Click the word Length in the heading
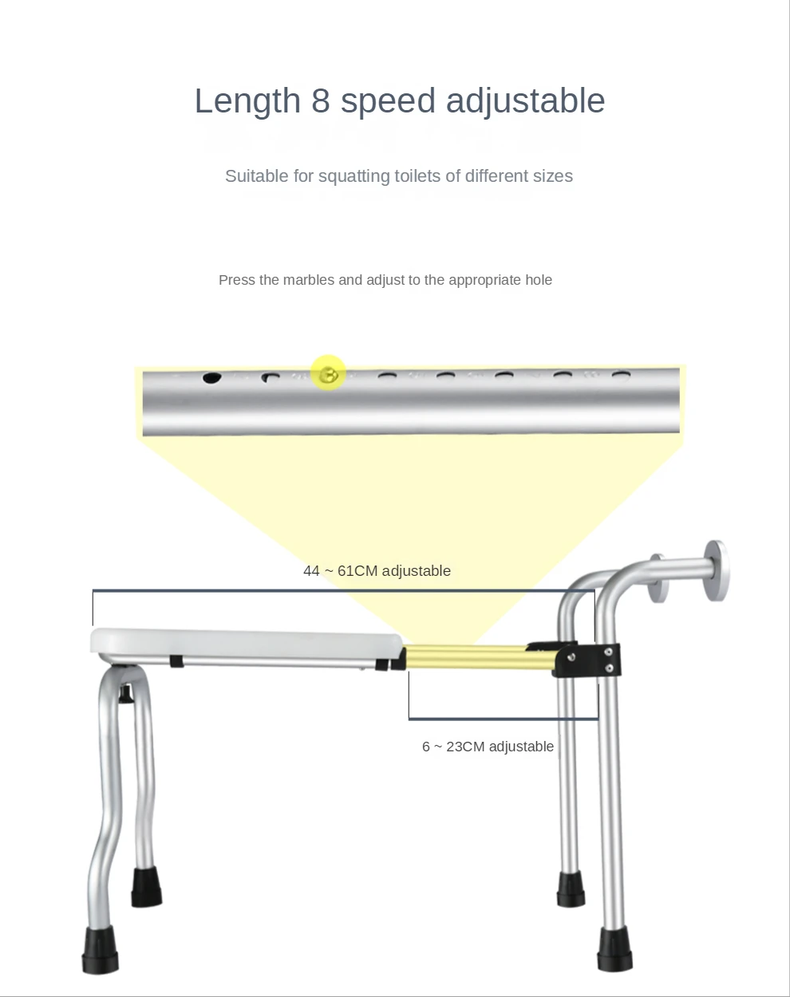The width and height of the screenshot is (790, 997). click(x=247, y=102)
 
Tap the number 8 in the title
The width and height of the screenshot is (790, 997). click(x=320, y=102)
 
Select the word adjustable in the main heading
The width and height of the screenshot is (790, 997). click(x=525, y=102)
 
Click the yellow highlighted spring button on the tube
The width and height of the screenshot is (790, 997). click(x=328, y=372)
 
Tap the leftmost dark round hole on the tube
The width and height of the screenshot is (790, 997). click(x=211, y=377)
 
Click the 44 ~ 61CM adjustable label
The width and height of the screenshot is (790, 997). click(x=377, y=571)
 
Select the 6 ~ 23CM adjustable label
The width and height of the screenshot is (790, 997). click(x=488, y=747)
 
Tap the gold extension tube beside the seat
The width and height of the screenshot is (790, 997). click(x=479, y=658)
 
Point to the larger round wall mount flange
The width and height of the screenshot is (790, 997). click(x=715, y=570)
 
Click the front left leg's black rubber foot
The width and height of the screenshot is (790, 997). click(x=100, y=949)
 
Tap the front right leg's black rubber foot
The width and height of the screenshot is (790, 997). click(x=614, y=949)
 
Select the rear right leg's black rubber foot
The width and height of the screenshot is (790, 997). click(x=571, y=889)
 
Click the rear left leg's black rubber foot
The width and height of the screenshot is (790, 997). click(x=146, y=887)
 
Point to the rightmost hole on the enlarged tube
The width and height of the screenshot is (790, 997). click(x=621, y=374)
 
